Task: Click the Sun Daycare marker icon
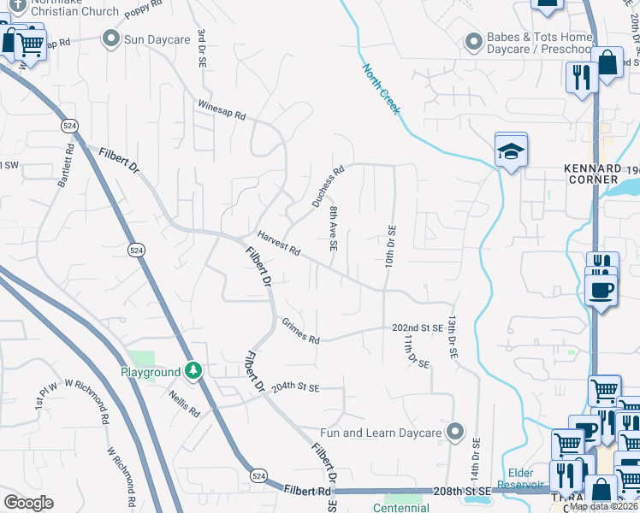[110, 38]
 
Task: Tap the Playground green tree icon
[194, 371]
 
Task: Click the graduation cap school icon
[511, 151]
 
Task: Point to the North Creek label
[381, 89]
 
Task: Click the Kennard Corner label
[593, 174]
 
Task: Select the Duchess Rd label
[328, 186]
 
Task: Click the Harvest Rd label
[279, 245]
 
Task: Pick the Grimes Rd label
[300, 332]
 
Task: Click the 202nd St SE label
[418, 327]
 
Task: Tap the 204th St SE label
[295, 387]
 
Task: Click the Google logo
[28, 503]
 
